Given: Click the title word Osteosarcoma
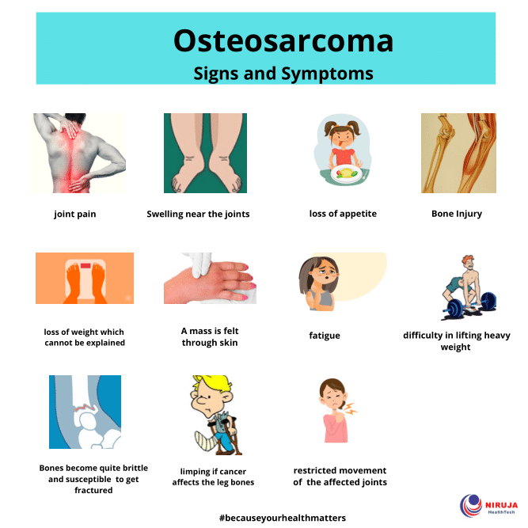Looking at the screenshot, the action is (283, 40).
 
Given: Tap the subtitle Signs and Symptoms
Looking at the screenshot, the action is (283, 74).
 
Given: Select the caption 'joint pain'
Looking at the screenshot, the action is (75, 215).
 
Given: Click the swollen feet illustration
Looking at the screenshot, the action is (205, 153).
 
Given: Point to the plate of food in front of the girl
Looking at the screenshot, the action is (347, 173).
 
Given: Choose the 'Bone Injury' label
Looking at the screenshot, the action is (457, 214).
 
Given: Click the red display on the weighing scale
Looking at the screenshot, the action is (85, 266).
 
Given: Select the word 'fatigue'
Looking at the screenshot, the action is (325, 336).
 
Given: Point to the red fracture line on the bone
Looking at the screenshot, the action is (85, 408).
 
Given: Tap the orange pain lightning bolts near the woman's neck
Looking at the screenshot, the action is (350, 408).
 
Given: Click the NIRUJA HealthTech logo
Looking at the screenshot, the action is (488, 505).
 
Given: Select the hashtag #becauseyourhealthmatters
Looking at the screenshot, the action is (283, 518).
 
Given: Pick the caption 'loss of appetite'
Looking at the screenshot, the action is (343, 214).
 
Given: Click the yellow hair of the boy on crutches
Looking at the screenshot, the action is (211, 382).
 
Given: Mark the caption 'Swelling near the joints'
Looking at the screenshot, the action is (198, 215).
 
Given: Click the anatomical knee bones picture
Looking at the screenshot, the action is (458, 153).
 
